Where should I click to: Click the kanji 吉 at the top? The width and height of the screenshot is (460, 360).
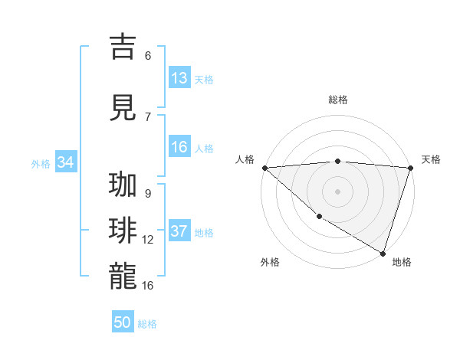click(123, 47)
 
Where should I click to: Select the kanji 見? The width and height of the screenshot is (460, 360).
click(123, 108)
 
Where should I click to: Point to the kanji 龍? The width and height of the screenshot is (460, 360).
click(123, 276)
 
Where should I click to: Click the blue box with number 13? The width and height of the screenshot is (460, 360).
click(179, 78)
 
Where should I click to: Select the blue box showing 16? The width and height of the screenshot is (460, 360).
click(179, 147)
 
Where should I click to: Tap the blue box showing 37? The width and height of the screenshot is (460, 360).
click(179, 231)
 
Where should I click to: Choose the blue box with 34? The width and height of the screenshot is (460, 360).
click(66, 162)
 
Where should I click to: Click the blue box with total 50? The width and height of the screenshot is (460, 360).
click(123, 322)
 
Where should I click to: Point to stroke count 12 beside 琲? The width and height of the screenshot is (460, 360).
click(148, 240)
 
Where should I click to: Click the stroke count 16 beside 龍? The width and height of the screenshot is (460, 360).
click(148, 285)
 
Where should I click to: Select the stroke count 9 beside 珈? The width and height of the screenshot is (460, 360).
click(148, 194)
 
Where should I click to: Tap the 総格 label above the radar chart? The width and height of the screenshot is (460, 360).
click(338, 100)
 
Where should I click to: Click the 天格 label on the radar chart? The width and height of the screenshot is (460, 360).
click(431, 159)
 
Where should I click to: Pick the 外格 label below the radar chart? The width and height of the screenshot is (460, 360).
click(270, 262)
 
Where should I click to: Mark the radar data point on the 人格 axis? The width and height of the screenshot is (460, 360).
click(264, 167)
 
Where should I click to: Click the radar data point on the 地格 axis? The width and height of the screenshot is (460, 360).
click(382, 252)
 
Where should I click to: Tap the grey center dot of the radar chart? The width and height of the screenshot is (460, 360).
click(337, 191)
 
